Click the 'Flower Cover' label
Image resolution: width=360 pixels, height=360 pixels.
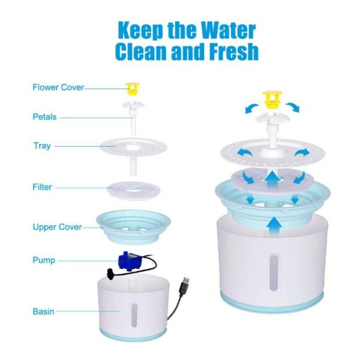tap(58, 88)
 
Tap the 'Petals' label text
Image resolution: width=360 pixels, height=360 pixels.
tap(44, 117)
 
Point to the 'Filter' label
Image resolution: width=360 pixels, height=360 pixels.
tap(42, 187)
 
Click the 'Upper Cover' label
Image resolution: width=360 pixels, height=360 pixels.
tap(57, 227)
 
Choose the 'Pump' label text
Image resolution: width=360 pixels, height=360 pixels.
tap(44, 260)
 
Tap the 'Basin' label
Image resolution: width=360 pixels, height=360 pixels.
tap(43, 311)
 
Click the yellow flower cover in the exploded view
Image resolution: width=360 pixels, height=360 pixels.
tap(133, 89)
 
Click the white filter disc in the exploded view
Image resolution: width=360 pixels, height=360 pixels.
tap(133, 190)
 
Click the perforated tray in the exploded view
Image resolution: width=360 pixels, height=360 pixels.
tap(133, 147)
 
